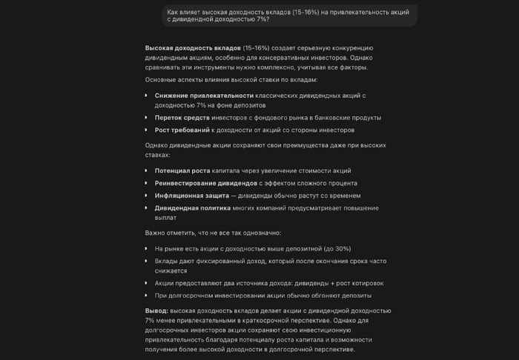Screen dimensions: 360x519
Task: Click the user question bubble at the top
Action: click(x=290, y=15)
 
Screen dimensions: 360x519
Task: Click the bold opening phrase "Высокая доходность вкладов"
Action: click(x=193, y=47)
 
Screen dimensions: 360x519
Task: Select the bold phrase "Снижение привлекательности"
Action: click(x=204, y=96)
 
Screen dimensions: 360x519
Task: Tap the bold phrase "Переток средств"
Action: click(x=182, y=117)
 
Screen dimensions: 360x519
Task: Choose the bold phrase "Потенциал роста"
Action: click(x=182, y=170)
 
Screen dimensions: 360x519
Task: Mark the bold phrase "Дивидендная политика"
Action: click(x=192, y=208)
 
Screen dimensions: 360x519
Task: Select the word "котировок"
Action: click(x=365, y=283)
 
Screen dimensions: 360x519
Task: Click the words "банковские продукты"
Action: click(x=346, y=117)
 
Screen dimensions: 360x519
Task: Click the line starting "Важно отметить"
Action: click(x=210, y=233)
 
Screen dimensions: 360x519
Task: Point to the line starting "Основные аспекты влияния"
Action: click(x=231, y=79)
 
